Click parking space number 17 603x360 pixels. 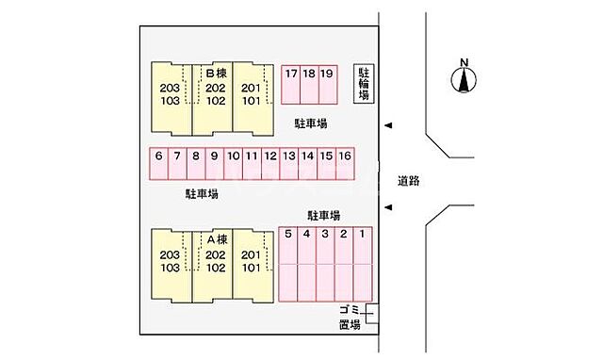click(x=290, y=83)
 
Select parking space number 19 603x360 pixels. click(x=327, y=83)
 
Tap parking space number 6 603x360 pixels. click(x=159, y=163)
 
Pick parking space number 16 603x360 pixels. click(x=345, y=163)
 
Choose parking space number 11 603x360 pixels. click(x=252, y=163)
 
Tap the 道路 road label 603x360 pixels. click(x=408, y=181)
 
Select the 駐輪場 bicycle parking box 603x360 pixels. click(x=363, y=84)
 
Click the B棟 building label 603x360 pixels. click(x=216, y=73)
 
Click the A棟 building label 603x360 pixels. click(x=216, y=239)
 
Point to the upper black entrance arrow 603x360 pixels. click(x=388, y=125)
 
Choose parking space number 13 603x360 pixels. click(x=289, y=163)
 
